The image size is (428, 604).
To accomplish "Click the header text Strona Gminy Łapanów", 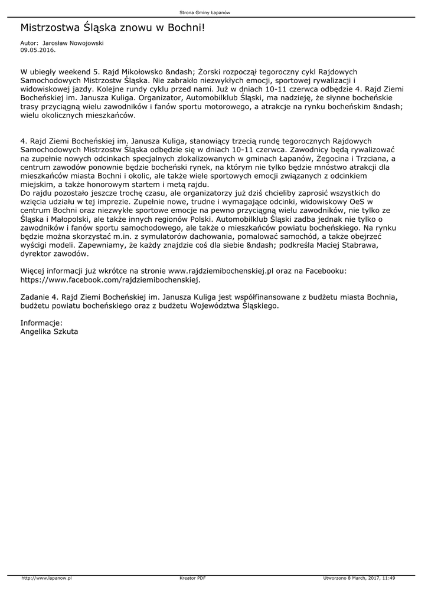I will (x=213, y=12).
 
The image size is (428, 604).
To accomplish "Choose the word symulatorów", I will (x=148, y=237).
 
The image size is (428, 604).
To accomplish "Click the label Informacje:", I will (x=41, y=323).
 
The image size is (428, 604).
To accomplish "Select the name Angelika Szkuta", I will (x=49, y=332).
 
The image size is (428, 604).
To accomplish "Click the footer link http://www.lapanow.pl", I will (x=46, y=578).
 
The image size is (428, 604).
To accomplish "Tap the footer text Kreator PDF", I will (x=192, y=578).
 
